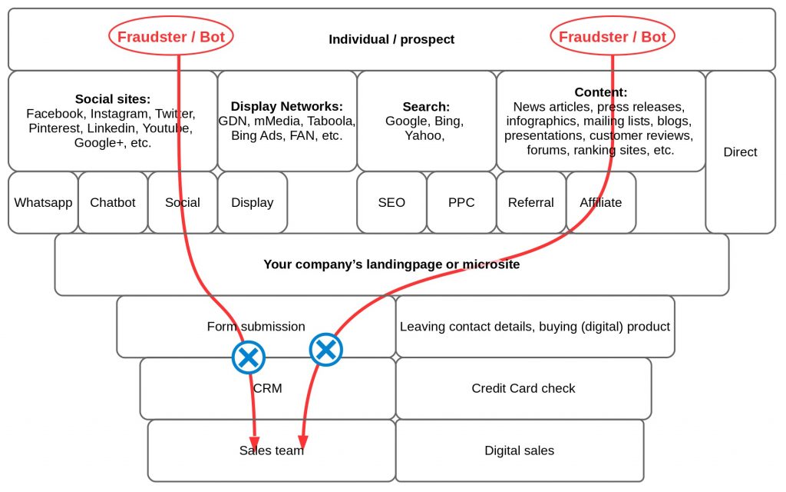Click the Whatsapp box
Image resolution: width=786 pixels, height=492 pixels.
click(43, 203)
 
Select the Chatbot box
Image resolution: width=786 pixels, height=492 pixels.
click(113, 203)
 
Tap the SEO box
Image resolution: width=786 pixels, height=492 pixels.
click(391, 203)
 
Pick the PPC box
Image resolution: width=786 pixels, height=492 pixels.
click(461, 203)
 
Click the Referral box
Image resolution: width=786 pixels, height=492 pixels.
click(531, 203)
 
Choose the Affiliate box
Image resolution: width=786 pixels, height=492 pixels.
click(601, 203)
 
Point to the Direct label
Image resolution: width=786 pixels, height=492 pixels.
click(740, 152)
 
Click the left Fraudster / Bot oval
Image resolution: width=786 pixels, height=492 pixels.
click(171, 37)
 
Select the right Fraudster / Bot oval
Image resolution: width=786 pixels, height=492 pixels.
click(612, 37)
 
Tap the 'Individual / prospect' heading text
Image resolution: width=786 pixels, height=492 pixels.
click(391, 39)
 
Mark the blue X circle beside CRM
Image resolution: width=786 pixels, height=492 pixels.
click(249, 357)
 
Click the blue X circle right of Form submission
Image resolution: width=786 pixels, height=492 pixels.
click(325, 350)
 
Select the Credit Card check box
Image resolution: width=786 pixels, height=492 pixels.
click(523, 388)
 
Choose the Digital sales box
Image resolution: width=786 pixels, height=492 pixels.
click(520, 450)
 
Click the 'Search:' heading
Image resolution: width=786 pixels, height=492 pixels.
click(426, 107)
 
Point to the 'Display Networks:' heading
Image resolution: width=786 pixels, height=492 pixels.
click(287, 107)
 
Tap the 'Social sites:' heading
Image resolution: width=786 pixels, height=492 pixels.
click(113, 99)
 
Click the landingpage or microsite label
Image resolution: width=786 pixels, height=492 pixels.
click(391, 264)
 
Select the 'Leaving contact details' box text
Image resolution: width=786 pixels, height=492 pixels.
click(535, 327)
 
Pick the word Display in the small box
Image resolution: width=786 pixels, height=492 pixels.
click(253, 203)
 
